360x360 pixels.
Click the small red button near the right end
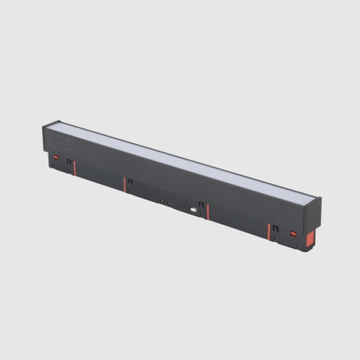click(294, 232)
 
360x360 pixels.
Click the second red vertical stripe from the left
click(124, 182)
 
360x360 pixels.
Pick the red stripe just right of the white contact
click(207, 211)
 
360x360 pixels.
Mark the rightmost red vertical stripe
click(268, 230)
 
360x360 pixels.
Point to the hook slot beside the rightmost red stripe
click(275, 228)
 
